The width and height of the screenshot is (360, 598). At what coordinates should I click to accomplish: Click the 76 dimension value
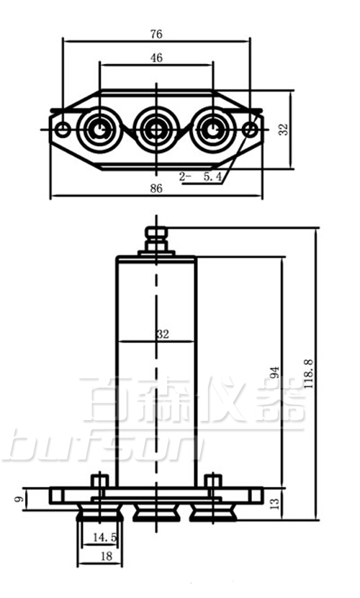click(156, 34)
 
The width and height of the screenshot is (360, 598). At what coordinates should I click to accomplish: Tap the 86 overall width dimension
click(156, 189)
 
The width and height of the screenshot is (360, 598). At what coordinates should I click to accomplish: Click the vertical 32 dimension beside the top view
click(283, 129)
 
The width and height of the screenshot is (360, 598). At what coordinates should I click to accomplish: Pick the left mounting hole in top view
click(63, 130)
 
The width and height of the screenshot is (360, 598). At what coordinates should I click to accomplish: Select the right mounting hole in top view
click(250, 130)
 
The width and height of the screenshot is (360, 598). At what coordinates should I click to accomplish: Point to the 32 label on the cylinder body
click(162, 334)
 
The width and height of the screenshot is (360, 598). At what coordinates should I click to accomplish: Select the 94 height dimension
click(274, 372)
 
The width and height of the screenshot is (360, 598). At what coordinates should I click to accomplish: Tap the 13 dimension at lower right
click(274, 503)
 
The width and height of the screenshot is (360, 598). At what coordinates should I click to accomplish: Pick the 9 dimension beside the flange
click(20, 496)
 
